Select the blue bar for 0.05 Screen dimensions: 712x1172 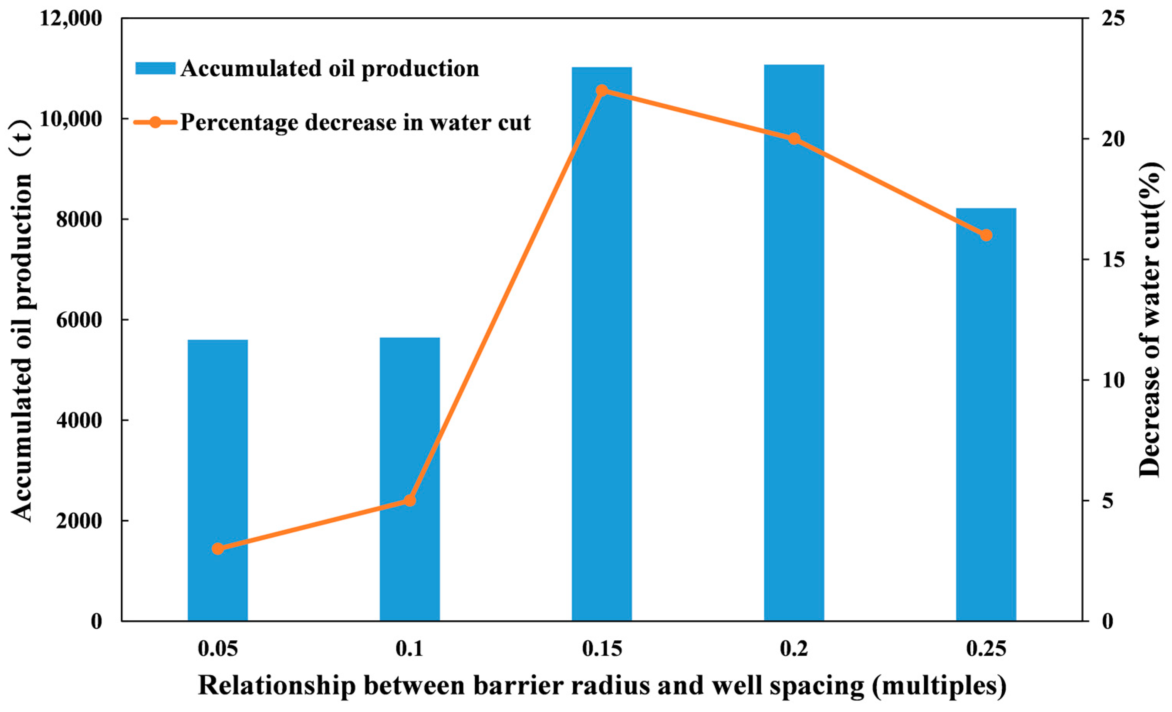[218, 480]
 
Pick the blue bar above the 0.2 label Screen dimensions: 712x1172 [794, 343]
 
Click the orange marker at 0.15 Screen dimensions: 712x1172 [602, 91]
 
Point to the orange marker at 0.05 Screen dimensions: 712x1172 [218, 549]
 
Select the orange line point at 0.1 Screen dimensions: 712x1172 [410, 500]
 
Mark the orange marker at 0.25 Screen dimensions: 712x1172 [986, 235]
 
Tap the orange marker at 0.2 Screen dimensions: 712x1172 [794, 139]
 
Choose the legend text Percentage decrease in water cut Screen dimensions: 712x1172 [355, 123]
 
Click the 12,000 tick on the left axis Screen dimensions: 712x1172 [71, 19]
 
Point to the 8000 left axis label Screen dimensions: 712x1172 [79, 220]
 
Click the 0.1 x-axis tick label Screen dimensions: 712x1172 [410, 649]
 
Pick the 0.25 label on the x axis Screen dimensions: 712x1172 [986, 649]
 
